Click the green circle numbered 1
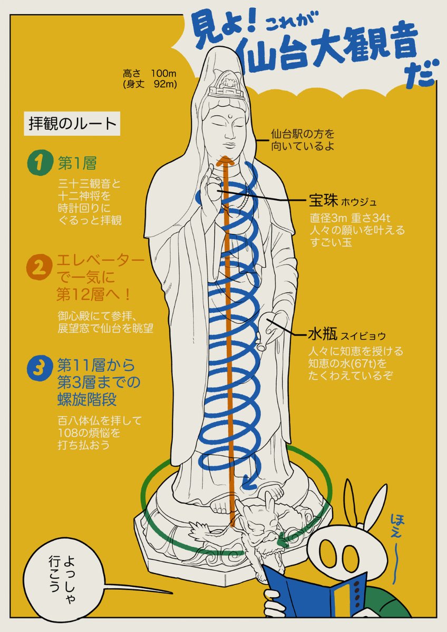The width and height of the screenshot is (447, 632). tap(40, 163)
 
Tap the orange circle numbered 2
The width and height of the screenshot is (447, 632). tap(40, 267)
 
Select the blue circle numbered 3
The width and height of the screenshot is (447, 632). tap(40, 369)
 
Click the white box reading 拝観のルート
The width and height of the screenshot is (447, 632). tap(72, 124)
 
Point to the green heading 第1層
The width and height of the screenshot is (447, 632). tap(77, 163)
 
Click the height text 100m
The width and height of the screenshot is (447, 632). tap(164, 74)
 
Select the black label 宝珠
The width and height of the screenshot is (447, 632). tap(323, 200)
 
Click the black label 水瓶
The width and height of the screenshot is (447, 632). tap(323, 334)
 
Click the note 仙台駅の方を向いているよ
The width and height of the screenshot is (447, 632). tap(303, 140)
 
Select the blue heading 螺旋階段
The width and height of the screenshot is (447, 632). tap(86, 400)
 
